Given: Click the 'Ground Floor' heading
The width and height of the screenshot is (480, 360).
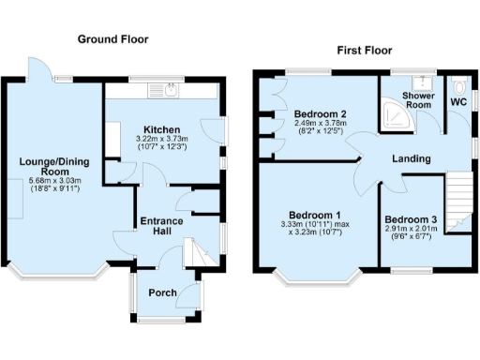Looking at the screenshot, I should [x=112, y=39].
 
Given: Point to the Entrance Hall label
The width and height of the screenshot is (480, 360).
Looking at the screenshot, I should [x=161, y=226].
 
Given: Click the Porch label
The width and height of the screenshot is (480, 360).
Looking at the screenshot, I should [x=162, y=292].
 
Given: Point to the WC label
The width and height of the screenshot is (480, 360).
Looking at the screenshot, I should [x=458, y=100].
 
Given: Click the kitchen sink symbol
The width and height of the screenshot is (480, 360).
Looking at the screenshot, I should [x=172, y=91].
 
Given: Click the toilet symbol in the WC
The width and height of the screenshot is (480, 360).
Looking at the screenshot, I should [x=460, y=83].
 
